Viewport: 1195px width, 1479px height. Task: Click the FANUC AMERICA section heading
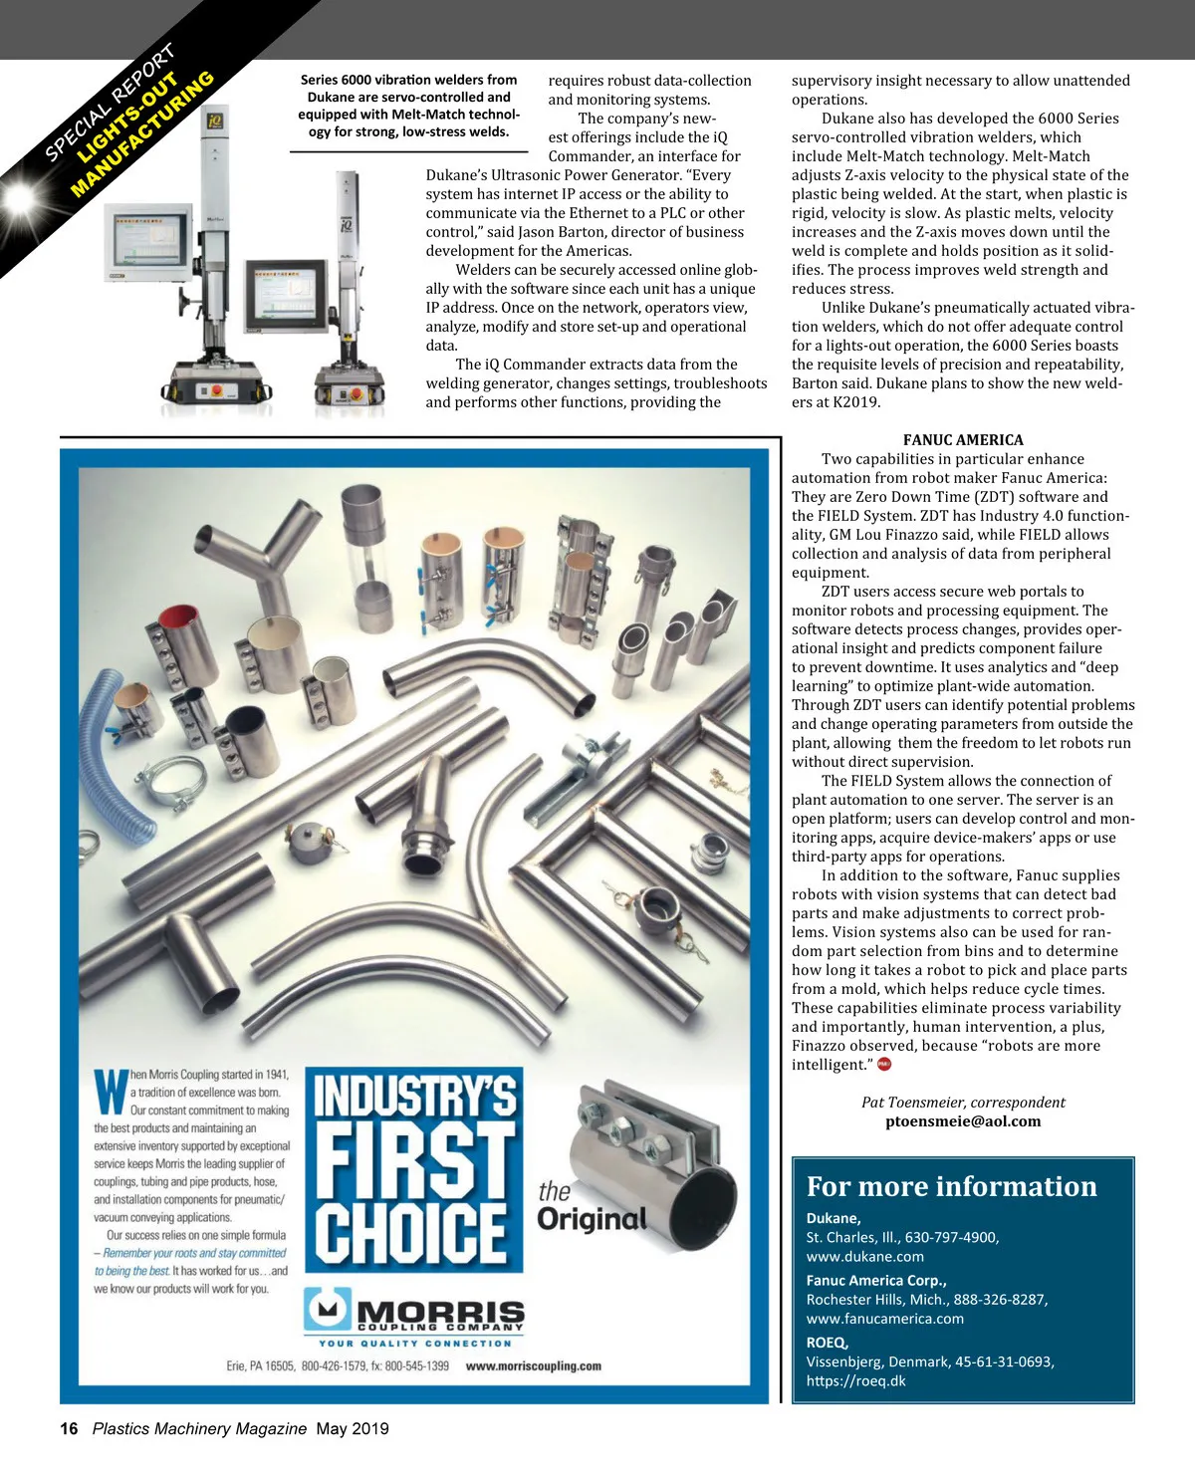962,440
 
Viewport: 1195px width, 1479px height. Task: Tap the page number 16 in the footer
69,1428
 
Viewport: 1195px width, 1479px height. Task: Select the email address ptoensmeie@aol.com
962,1121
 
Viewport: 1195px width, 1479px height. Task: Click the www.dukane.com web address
864,1256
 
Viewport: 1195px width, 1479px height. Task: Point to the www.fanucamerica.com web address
884,1319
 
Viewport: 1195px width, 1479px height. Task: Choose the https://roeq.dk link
855,1380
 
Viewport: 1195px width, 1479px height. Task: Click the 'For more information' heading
951,1186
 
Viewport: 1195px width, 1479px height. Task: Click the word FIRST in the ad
414,1156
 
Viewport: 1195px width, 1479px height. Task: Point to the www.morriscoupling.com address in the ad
533,1366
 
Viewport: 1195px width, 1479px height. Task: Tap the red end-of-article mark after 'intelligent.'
883,1064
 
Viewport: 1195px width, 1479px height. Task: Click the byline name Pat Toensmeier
914,1102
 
